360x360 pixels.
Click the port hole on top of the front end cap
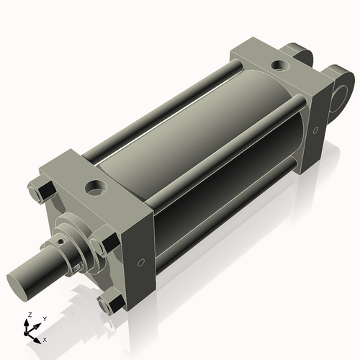tap(94, 189)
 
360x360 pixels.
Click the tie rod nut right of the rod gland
tap(107, 243)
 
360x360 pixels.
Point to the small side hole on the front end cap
tap(140, 261)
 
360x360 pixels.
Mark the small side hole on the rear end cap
tap(315, 130)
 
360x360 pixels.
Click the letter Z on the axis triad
tap(28, 315)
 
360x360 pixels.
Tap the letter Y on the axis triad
tap(44, 318)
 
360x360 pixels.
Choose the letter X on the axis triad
tap(45, 338)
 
